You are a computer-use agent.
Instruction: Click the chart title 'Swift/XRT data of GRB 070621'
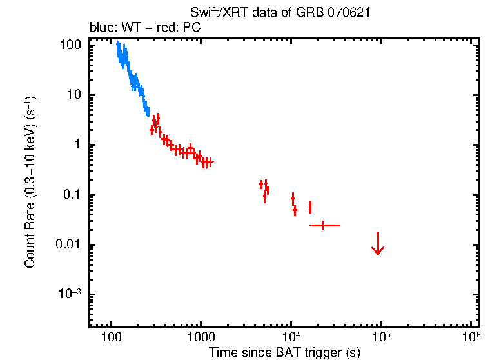click(x=280, y=13)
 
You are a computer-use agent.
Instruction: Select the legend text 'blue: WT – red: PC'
click(x=145, y=28)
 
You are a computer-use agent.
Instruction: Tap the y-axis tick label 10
click(x=73, y=95)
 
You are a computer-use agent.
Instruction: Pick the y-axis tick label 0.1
click(x=71, y=195)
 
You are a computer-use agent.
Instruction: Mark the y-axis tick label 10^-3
click(x=70, y=294)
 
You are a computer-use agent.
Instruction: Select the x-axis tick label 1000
click(x=201, y=337)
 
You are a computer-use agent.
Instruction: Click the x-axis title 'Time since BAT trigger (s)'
click(x=284, y=352)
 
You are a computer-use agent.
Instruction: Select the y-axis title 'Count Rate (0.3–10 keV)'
click(x=30, y=182)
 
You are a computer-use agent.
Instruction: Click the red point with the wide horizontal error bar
click(x=322, y=225)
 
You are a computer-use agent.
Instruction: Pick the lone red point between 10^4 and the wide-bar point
click(x=310, y=207)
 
